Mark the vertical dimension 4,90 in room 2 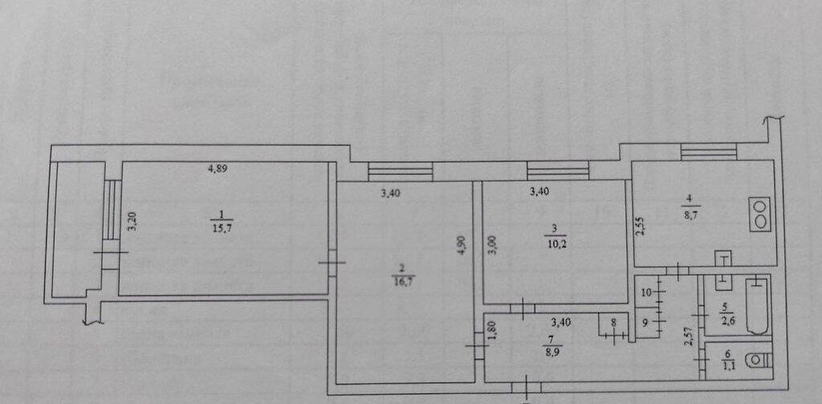point(461,245)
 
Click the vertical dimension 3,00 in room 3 point(492,245)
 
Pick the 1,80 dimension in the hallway point(493,331)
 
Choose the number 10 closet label point(647,290)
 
